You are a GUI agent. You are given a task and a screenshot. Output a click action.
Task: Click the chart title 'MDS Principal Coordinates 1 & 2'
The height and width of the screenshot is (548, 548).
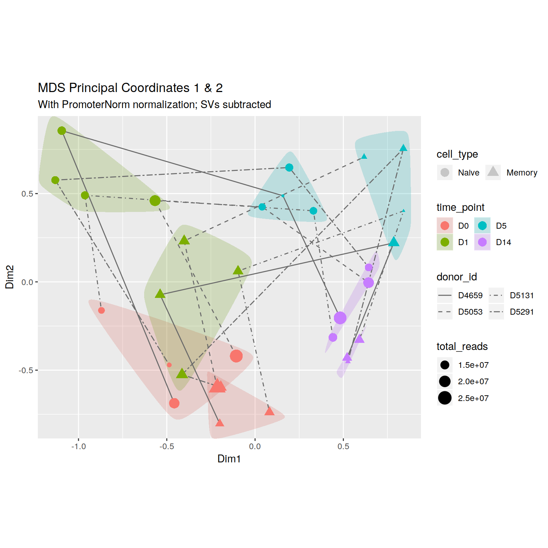pos(130,88)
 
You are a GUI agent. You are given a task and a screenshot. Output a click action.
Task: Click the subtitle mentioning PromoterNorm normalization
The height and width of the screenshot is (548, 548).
pos(154,105)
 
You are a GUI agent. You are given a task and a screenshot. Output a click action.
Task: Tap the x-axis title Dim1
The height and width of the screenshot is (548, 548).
pos(229,459)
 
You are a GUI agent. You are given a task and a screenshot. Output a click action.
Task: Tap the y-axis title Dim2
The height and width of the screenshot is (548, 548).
pos(10,277)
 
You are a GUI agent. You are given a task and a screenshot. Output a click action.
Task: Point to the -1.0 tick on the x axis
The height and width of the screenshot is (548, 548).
pos(78,447)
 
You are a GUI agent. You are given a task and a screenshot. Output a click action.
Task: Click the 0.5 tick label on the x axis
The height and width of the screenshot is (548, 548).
pos(343,447)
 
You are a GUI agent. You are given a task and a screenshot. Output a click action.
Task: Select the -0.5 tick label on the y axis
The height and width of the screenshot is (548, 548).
pos(26,370)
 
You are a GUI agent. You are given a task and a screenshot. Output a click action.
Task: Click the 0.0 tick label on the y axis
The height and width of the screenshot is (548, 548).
pos(27,282)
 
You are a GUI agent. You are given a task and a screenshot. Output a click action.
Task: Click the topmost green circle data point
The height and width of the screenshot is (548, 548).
pos(62,131)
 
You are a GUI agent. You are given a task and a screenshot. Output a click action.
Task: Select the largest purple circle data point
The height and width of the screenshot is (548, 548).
pos(340,318)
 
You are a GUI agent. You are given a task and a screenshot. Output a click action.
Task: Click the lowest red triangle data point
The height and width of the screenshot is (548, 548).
pos(220,423)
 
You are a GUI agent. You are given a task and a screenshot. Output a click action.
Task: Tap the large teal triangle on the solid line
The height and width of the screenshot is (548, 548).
pos(394,242)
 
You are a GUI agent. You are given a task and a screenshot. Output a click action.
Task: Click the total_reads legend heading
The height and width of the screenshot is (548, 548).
pos(462,346)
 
